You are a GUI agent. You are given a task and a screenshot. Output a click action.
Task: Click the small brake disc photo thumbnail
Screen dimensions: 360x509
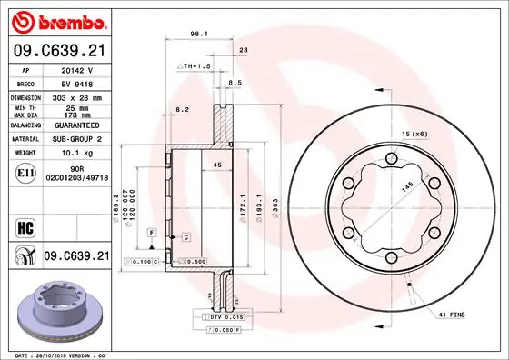point(61,307)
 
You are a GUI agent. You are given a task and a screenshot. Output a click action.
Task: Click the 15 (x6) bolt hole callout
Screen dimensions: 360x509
point(414,135)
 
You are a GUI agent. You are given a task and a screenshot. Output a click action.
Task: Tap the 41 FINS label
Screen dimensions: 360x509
point(451,314)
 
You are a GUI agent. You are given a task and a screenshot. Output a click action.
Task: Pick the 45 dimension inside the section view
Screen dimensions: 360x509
point(216,165)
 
